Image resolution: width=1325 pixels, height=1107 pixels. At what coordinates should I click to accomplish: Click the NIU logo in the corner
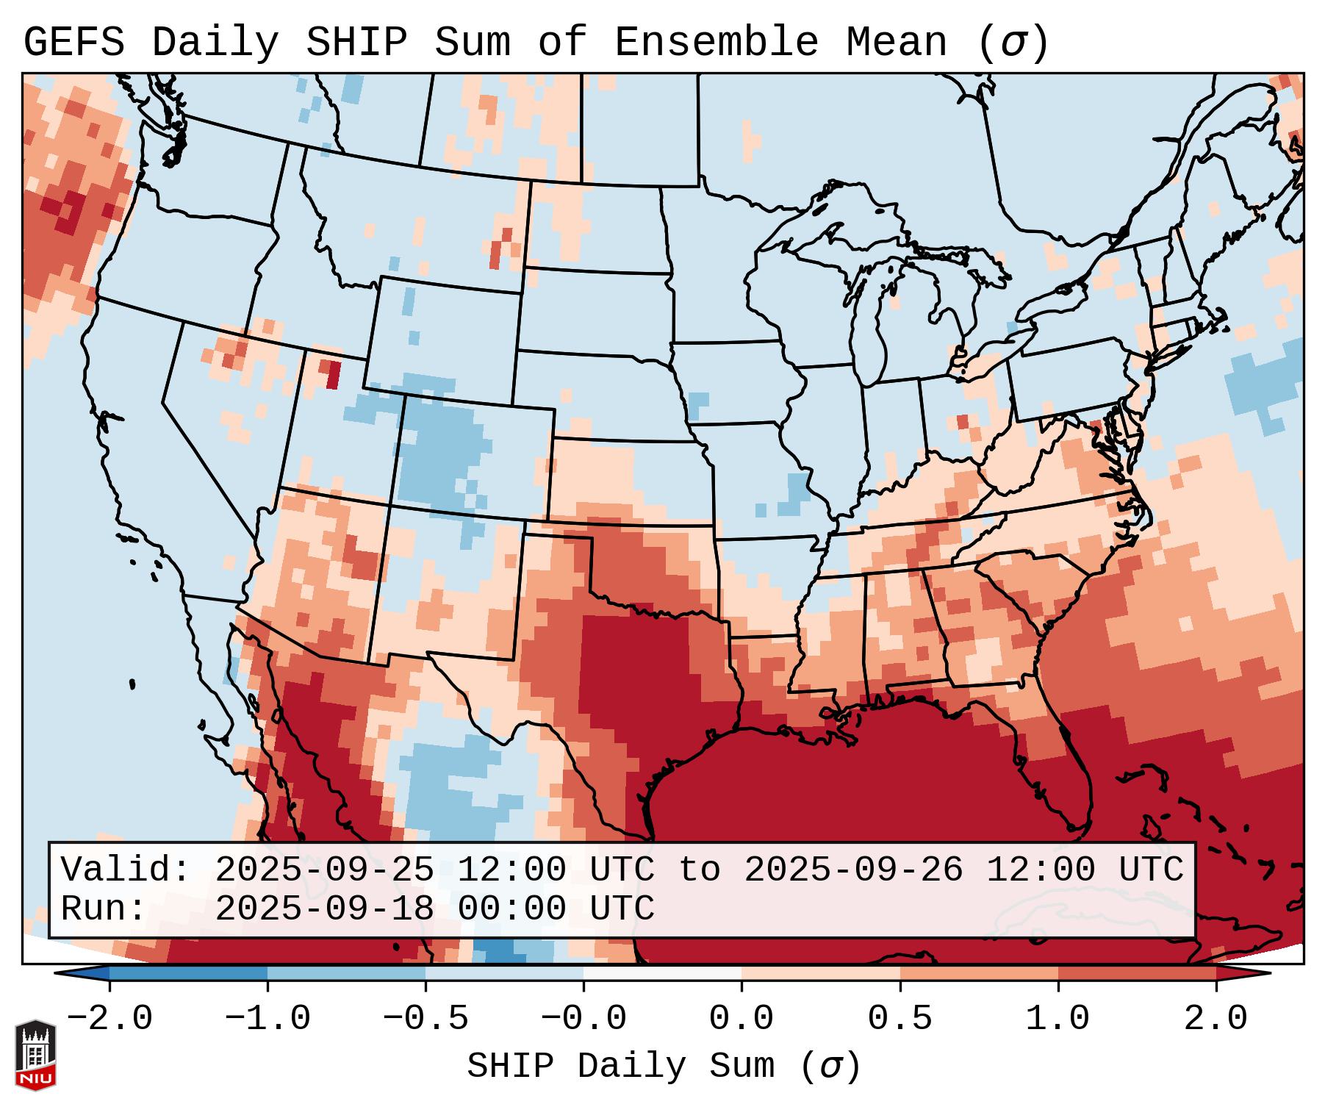pyautogui.click(x=35, y=1054)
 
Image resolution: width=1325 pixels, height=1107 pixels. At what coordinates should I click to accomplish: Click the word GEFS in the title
pyautogui.click(x=73, y=43)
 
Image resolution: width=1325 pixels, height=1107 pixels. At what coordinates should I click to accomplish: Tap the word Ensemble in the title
pyautogui.click(x=716, y=43)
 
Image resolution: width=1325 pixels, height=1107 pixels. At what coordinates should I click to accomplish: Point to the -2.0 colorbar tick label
pyautogui.click(x=109, y=1019)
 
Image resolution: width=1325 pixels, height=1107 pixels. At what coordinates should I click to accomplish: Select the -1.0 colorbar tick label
pyautogui.click(x=267, y=1019)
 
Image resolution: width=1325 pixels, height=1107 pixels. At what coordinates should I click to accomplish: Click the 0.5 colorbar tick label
pyautogui.click(x=900, y=1019)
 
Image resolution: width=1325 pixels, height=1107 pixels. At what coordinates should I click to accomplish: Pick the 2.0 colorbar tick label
pyautogui.click(x=1216, y=1019)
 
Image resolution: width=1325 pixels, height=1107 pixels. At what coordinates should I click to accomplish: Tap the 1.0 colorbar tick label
pyautogui.click(x=1058, y=1019)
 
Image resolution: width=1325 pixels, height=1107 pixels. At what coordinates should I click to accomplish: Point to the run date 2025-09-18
pyautogui.click(x=324, y=909)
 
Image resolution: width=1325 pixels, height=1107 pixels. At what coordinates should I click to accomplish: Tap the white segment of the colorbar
pyautogui.click(x=662, y=973)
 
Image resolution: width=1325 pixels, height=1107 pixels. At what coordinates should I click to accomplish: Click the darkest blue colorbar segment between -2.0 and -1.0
pyautogui.click(x=188, y=973)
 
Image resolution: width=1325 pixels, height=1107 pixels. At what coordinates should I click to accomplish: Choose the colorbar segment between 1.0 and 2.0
pyautogui.click(x=1137, y=973)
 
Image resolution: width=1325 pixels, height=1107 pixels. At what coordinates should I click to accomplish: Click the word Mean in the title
pyautogui.click(x=896, y=43)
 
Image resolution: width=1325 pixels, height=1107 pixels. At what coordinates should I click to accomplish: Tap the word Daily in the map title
pyautogui.click(x=215, y=43)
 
